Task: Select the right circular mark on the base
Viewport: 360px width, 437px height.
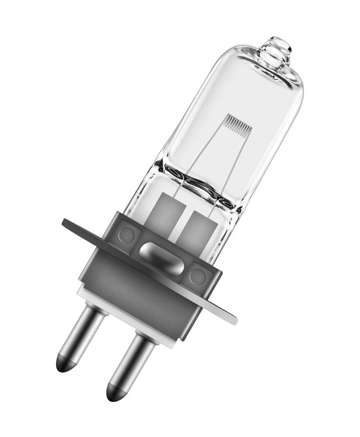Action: pyautogui.click(x=197, y=276)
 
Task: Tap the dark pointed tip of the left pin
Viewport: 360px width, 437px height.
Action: pyautogui.click(x=64, y=365)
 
